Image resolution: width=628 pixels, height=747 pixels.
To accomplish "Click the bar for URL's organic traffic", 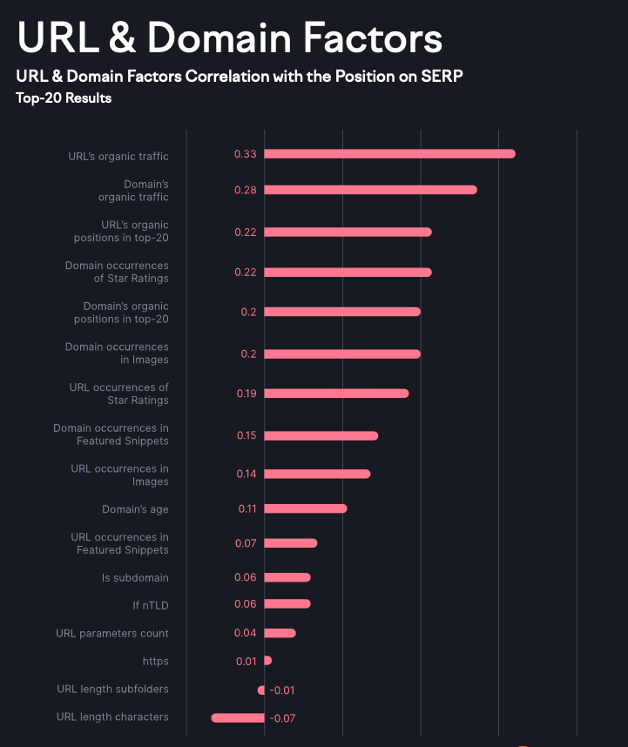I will (x=389, y=154).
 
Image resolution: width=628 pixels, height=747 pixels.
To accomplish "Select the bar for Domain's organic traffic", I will (x=370, y=190).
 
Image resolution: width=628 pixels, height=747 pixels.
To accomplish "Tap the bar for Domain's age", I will (x=305, y=508).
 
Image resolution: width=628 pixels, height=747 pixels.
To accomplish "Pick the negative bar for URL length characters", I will (x=238, y=717).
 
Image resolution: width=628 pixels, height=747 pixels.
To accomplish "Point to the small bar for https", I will (x=267, y=661).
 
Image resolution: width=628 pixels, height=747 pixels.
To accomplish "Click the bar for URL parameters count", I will (x=280, y=633).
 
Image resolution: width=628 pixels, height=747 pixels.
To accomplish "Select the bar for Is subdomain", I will (x=287, y=577).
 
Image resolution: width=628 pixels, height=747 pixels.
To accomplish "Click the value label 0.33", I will (x=245, y=154).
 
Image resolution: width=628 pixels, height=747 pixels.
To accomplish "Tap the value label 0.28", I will (x=245, y=190).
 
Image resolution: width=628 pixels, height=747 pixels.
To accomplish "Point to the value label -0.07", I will (x=282, y=718).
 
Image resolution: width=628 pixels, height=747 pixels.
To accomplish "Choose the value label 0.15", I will (x=246, y=435).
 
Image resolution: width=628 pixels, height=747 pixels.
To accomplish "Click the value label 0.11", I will (x=246, y=508).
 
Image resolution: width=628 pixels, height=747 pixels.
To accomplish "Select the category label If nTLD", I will (x=150, y=604).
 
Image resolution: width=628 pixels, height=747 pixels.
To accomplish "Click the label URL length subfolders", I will (x=112, y=690).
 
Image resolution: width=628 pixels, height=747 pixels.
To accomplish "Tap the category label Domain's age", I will (x=135, y=509).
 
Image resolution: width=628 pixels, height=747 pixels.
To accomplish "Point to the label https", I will (x=156, y=662).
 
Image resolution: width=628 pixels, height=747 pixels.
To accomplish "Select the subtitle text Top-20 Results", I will (x=64, y=98).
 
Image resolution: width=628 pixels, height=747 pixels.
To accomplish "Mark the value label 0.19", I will (x=246, y=394).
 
